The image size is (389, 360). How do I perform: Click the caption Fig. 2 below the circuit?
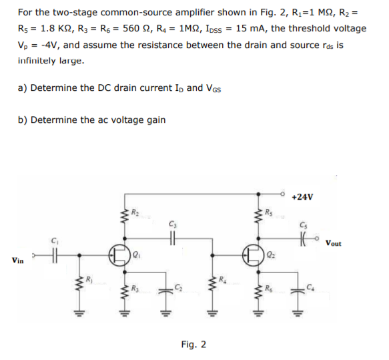(x=193, y=345)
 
